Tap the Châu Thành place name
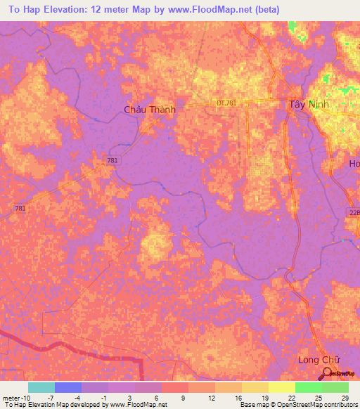(x=149, y=110)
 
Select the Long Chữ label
(x=314, y=359)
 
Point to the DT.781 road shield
(x=226, y=103)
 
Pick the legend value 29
(x=345, y=397)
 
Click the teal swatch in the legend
(x=41, y=387)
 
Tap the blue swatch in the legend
(x=68, y=387)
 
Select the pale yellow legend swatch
(x=282, y=387)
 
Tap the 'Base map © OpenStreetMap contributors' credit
(x=298, y=405)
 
